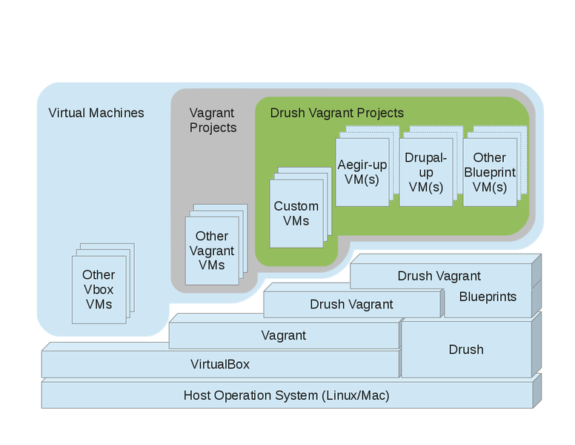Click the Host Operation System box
tap(287, 395)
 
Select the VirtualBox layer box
tap(220, 364)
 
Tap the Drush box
tap(466, 349)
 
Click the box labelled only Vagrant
tap(284, 335)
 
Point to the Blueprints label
tap(487, 297)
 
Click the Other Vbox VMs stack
tap(99, 289)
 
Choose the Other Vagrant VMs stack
tap(212, 251)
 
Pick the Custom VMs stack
tap(296, 214)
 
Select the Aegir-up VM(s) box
tap(362, 172)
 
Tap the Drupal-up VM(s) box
tap(425, 172)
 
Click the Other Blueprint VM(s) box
tap(489, 172)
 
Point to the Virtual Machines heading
tap(96, 113)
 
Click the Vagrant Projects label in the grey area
tap(213, 120)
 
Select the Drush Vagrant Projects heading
tap(337, 113)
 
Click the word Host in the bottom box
tap(198, 395)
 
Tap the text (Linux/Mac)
tap(355, 395)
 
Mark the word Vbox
tap(99, 289)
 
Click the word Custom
tap(296, 206)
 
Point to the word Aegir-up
tap(362, 164)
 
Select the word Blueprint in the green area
tap(489, 172)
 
